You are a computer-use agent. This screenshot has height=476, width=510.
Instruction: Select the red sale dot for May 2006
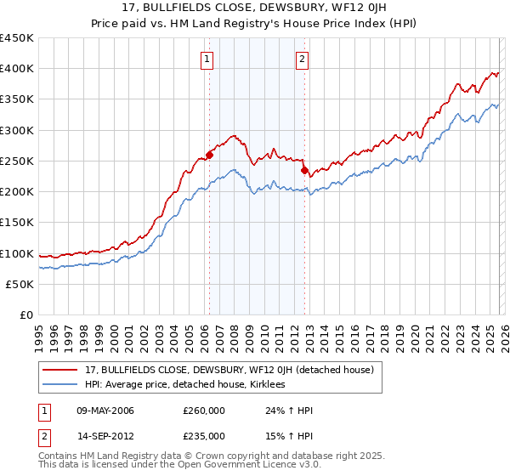[209, 155]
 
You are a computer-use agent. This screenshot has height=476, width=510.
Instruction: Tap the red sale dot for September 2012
[304, 170]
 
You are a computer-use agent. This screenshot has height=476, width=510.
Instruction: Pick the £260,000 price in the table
[203, 411]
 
